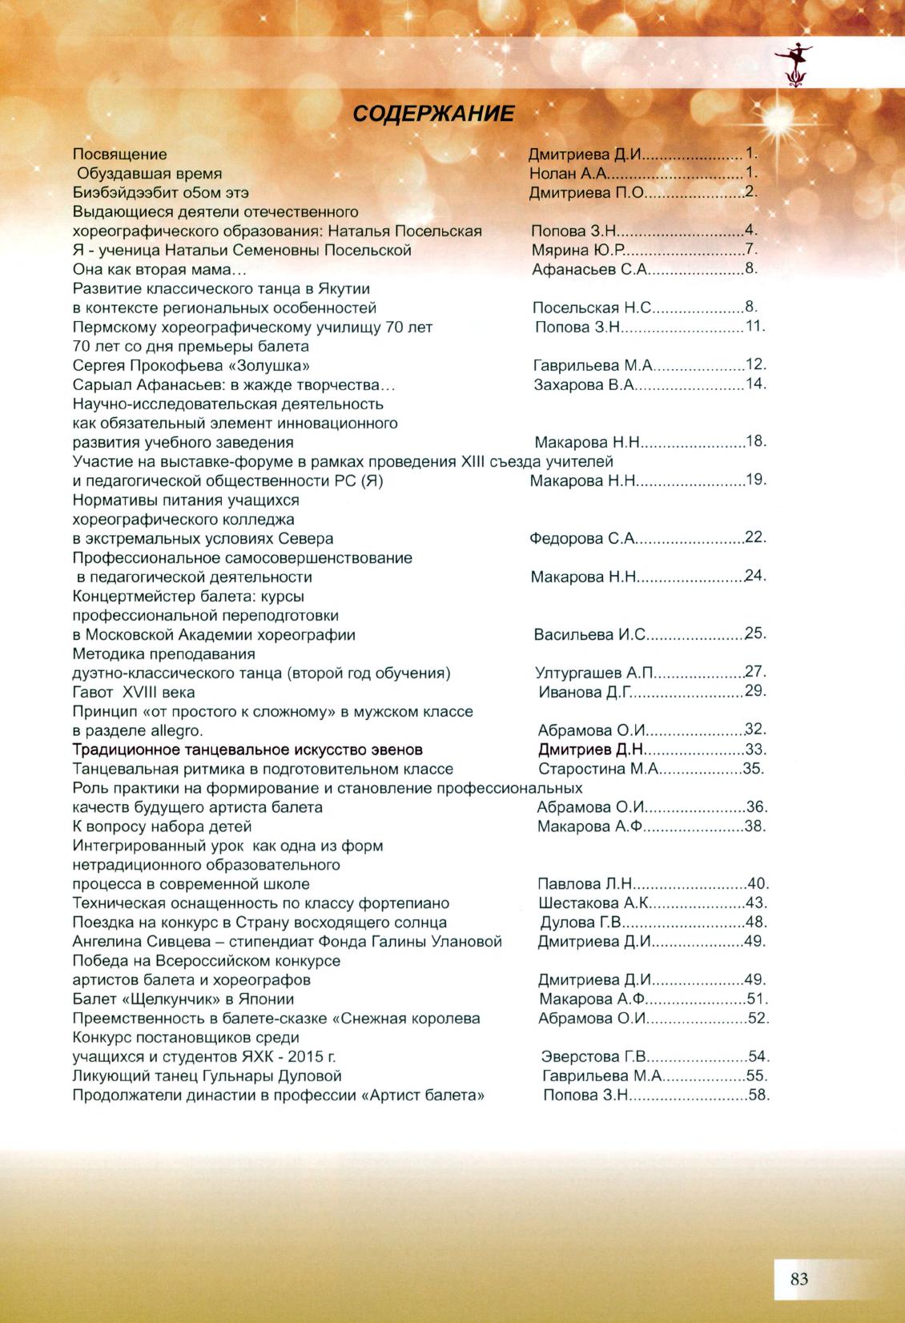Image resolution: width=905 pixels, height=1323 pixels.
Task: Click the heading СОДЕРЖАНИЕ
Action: click(433, 113)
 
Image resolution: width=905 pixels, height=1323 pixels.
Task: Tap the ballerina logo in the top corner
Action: click(794, 62)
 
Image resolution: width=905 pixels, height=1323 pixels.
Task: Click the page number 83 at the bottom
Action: click(798, 1279)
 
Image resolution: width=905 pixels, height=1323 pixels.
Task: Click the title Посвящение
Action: click(120, 154)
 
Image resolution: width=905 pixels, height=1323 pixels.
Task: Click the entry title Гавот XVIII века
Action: click(134, 692)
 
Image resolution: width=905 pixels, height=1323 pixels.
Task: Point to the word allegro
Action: click(176, 730)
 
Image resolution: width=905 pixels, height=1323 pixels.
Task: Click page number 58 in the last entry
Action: click(757, 1095)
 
